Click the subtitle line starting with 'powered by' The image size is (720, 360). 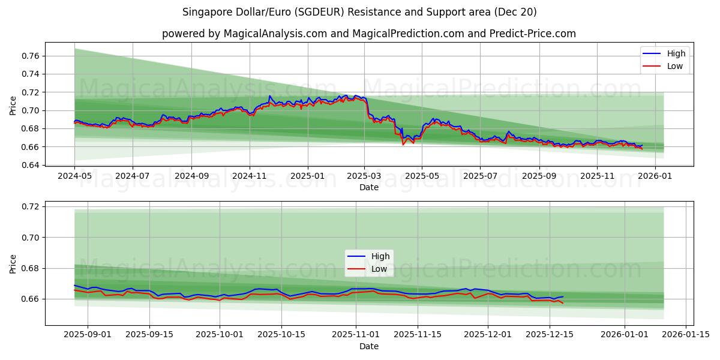[368, 34]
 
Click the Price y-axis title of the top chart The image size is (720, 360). [13, 104]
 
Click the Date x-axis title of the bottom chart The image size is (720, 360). [368, 346]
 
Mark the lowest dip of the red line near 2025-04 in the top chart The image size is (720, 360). [403, 145]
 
